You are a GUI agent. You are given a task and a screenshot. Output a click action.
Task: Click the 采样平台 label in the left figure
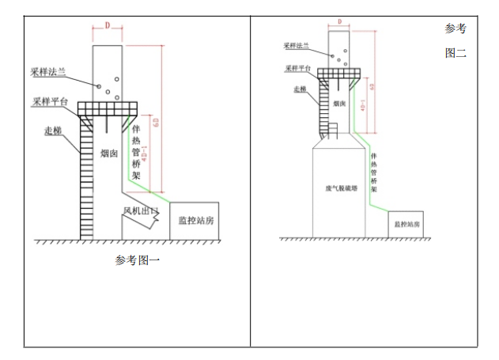[49, 102]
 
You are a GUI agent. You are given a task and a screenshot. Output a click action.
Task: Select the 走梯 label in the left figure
[54, 131]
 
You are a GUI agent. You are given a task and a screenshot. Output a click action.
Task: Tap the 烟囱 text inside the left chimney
[109, 154]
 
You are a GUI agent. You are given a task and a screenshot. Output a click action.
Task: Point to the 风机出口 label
[141, 211]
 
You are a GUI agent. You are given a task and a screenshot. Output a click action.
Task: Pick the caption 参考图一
[138, 260]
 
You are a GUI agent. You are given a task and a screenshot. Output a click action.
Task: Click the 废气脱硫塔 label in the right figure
[340, 189]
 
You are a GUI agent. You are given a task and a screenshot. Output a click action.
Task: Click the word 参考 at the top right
[456, 29]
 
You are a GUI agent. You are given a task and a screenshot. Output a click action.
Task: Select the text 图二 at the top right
[456, 55]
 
